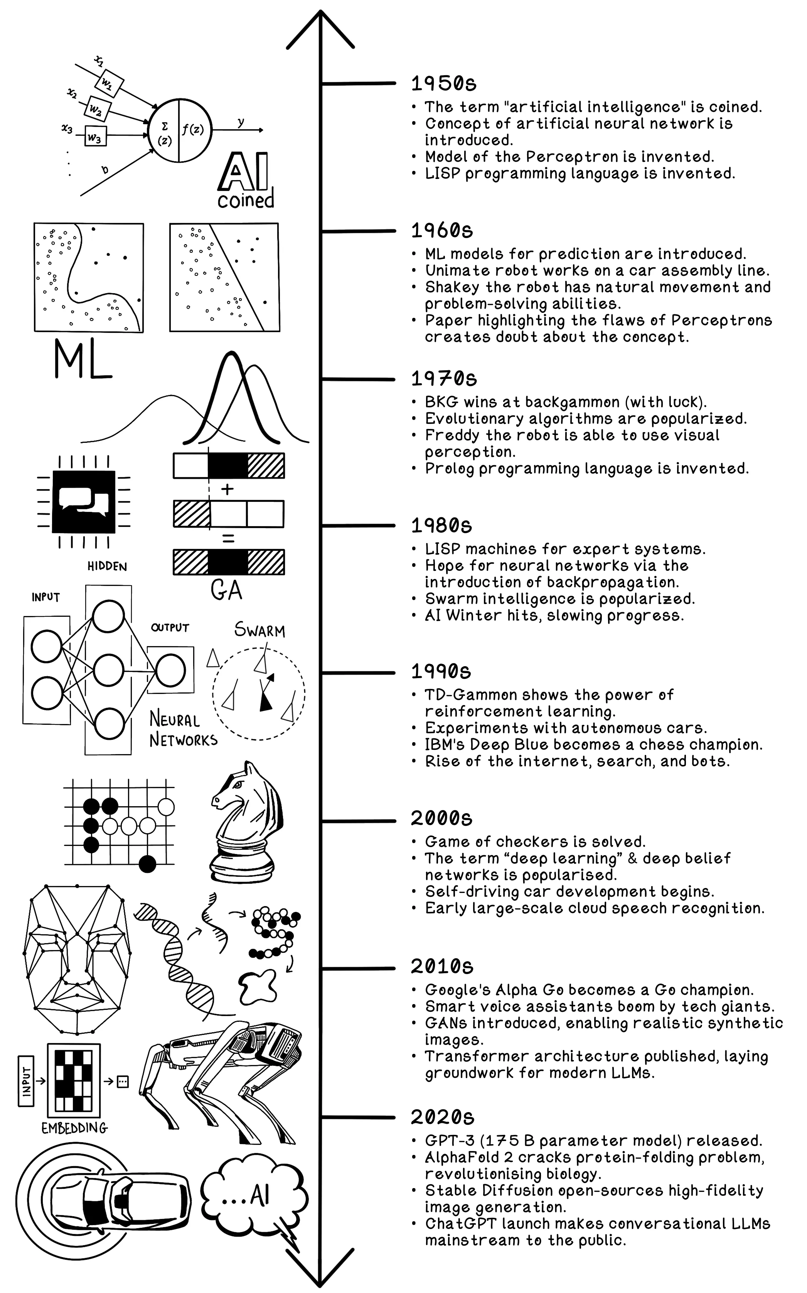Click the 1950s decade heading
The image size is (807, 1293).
pyautogui.click(x=443, y=84)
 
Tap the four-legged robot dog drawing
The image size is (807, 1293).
pyautogui.click(x=224, y=1079)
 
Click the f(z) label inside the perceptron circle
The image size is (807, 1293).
pyautogui.click(x=193, y=129)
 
